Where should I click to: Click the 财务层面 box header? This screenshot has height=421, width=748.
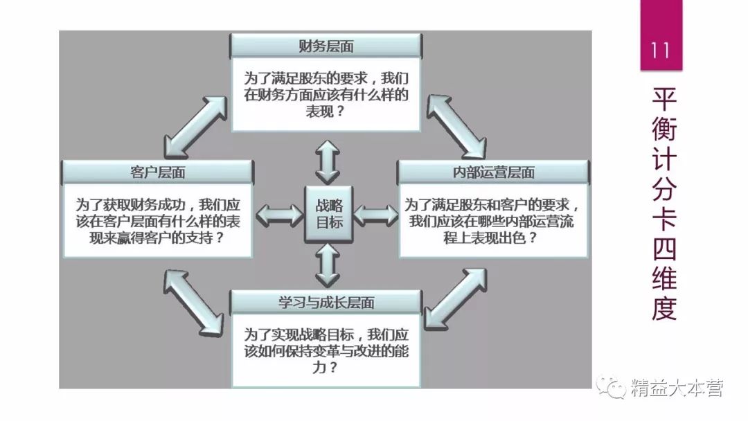pyautogui.click(x=326, y=46)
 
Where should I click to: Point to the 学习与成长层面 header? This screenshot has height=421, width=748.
pyautogui.click(x=326, y=302)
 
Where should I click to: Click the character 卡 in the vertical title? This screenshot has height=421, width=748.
pyautogui.click(x=663, y=221)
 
